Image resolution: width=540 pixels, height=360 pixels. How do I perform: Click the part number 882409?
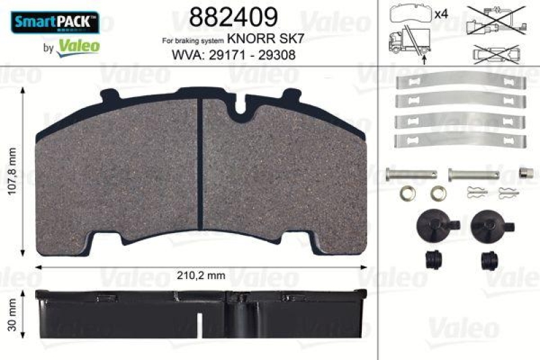tap(223, 17)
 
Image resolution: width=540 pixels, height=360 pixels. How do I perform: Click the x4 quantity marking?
tap(442, 14)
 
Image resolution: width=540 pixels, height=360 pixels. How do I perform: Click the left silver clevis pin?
tap(407, 173)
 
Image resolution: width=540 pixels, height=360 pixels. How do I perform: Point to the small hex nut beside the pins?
tap(522, 172)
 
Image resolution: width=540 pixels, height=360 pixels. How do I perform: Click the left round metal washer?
tap(408, 193)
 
